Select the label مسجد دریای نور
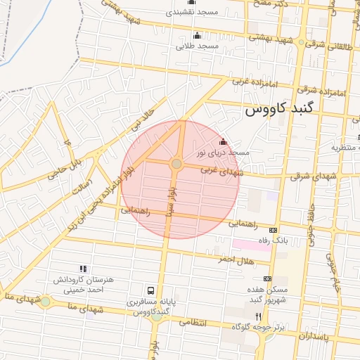click(x=222, y=152)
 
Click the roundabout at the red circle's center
click(x=176, y=164)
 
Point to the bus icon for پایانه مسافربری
click(x=150, y=290)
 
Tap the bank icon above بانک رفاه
click(x=273, y=230)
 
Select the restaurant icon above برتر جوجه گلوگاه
click(x=258, y=316)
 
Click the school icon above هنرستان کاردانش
click(x=83, y=269)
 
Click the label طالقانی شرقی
click(x=330, y=42)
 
